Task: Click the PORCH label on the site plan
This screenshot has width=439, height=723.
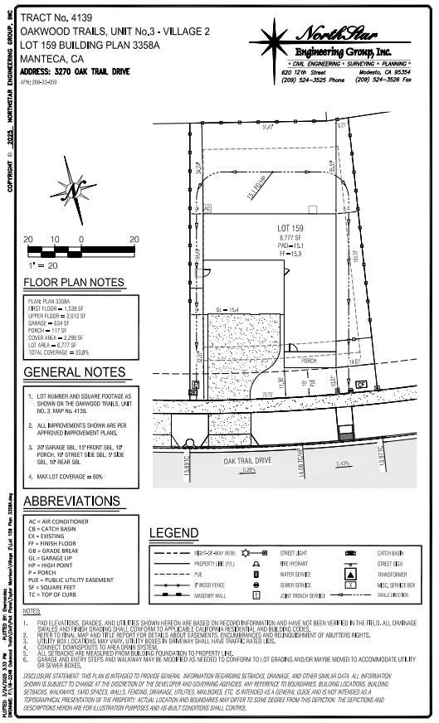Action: [309, 361]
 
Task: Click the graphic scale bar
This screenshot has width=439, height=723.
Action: [80, 248]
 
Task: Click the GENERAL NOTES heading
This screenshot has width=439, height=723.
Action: [74, 372]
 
